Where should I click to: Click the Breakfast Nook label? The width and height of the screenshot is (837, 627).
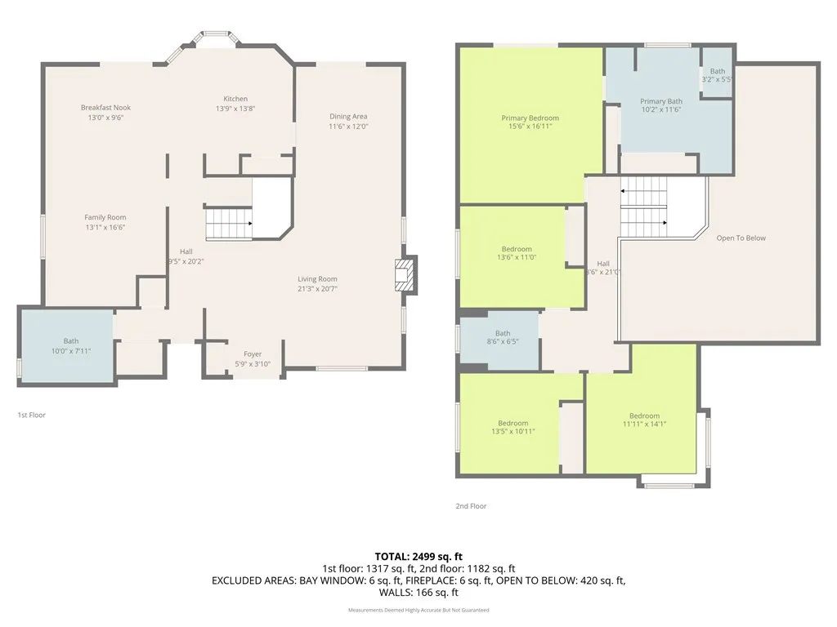click(x=105, y=108)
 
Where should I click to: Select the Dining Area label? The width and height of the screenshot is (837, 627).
click(x=348, y=117)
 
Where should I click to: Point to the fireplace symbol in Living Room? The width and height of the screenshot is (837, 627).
click(x=405, y=275)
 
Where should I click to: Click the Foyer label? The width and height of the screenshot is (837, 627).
click(x=253, y=354)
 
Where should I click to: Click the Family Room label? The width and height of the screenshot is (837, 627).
click(x=105, y=217)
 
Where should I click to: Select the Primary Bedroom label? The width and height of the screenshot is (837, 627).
click(x=530, y=118)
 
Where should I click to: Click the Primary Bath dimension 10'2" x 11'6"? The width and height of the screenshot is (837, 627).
click(x=661, y=109)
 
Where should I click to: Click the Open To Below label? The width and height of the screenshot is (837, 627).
click(x=741, y=238)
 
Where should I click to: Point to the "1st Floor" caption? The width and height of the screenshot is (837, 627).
click(x=32, y=416)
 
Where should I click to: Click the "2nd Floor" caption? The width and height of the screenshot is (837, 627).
click(x=471, y=506)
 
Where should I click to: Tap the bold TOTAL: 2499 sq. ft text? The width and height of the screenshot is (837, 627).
click(x=418, y=557)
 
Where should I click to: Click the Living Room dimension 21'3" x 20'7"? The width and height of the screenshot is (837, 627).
click(x=317, y=288)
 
